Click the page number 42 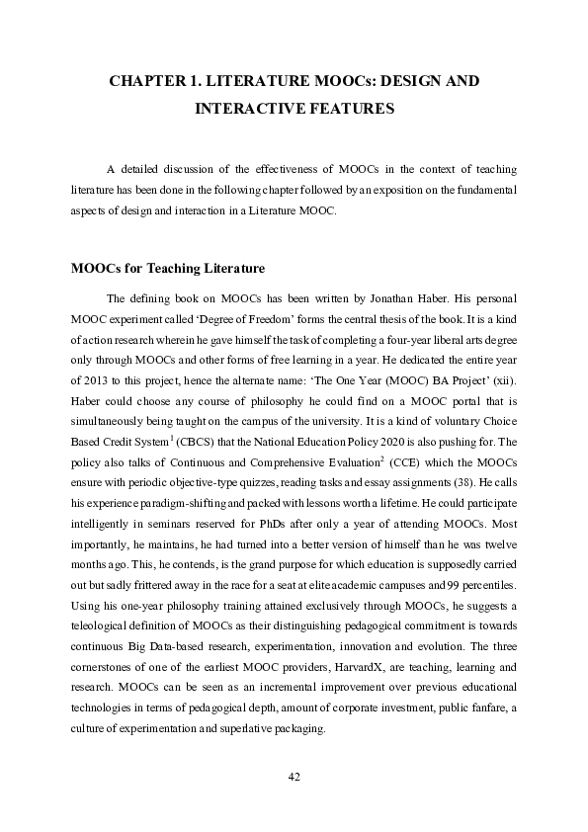(x=294, y=777)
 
